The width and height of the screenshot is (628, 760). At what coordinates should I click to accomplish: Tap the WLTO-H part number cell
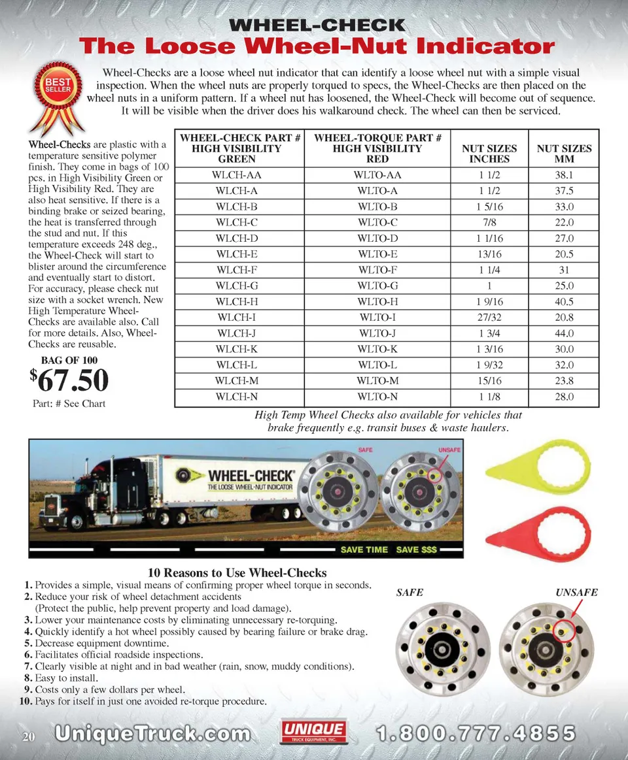377,302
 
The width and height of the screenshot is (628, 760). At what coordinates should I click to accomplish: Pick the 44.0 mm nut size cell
563,333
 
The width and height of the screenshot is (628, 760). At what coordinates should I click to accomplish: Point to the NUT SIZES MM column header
563,154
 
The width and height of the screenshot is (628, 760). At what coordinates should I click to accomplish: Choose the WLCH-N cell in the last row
237,397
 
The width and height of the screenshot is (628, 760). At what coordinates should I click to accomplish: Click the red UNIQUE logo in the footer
313,732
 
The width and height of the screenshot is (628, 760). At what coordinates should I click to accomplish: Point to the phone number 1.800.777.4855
476,733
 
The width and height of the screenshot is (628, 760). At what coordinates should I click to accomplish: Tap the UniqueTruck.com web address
152,733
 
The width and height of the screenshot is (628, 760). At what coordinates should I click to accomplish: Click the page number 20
28,737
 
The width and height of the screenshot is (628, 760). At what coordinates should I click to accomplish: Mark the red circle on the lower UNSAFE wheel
564,631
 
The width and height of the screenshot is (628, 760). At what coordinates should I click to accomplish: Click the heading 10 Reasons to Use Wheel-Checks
237,573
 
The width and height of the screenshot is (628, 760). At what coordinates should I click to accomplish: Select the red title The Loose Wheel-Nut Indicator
317,47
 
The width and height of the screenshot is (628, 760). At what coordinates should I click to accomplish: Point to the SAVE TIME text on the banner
364,550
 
